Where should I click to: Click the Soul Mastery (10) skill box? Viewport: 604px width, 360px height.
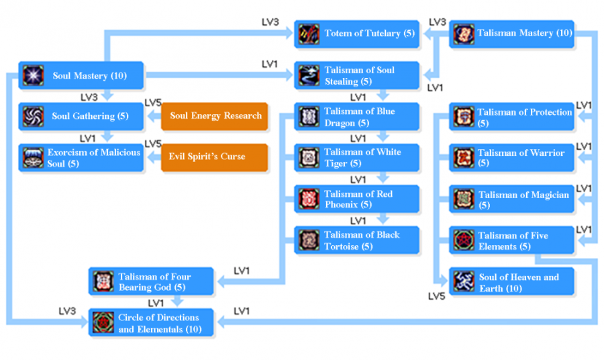tap(82, 76)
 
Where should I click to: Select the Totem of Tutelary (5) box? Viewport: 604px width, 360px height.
tap(357, 34)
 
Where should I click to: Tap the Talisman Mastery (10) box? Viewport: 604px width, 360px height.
tap(512, 34)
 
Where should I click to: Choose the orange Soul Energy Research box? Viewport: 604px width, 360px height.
tap(215, 116)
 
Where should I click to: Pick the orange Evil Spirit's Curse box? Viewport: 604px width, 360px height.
tap(215, 157)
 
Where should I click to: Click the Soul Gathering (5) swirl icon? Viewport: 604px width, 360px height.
tap(32, 116)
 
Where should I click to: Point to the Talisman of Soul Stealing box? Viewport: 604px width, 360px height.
tap(357, 75)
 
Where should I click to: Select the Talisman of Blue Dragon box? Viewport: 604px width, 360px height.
tap(357, 117)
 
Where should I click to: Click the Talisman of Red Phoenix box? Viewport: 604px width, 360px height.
tap(357, 199)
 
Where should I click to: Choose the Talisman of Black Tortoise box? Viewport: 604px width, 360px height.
tap(357, 240)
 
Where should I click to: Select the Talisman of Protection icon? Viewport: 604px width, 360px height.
tap(463, 117)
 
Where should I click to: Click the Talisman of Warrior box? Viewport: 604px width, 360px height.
tap(512, 158)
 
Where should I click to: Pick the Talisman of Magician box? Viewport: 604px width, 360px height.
tap(512, 199)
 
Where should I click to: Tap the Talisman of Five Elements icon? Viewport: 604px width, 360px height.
tap(463, 240)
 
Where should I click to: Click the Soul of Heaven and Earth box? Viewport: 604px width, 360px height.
tap(512, 282)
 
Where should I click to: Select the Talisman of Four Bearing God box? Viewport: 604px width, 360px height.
tap(152, 281)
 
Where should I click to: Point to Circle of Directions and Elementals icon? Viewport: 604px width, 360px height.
tap(103, 322)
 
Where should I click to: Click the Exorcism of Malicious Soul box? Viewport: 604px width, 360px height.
tap(82, 157)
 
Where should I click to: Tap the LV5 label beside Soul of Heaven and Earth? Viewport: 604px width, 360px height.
tap(438, 296)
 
